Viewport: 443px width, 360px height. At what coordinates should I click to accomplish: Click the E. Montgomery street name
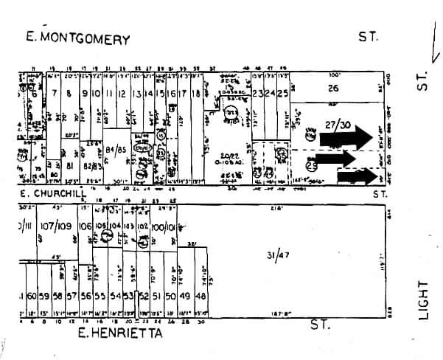(77, 39)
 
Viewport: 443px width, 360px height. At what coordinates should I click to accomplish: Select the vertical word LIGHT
(422, 300)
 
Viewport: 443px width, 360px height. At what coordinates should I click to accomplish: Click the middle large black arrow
(346, 158)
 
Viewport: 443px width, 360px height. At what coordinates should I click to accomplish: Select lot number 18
(196, 94)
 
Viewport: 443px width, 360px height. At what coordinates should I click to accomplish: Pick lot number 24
(271, 94)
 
